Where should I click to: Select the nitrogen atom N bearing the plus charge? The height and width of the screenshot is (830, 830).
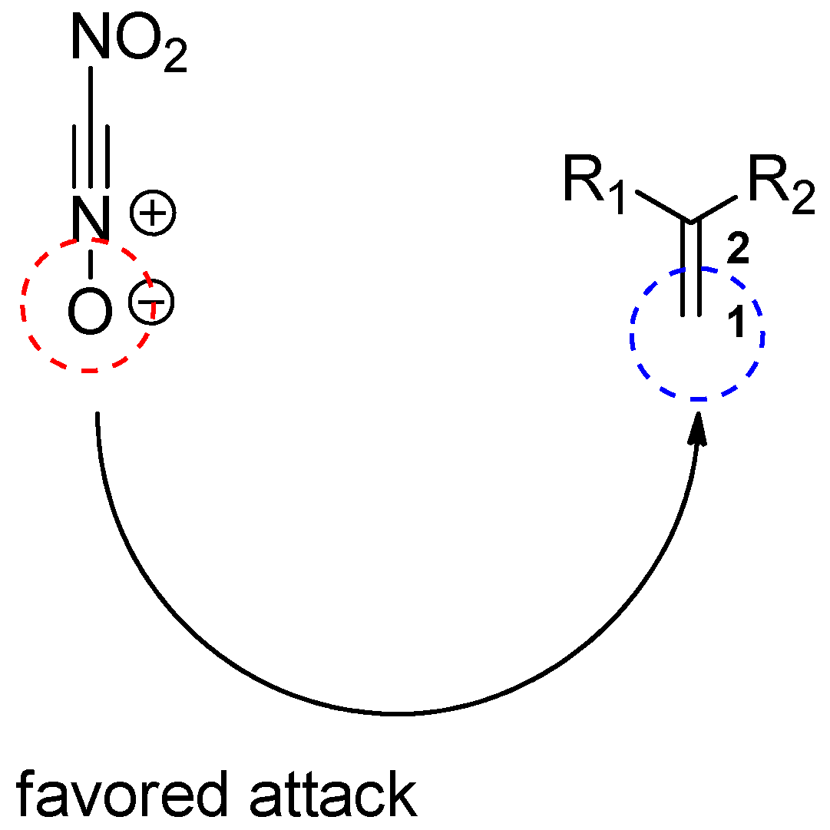click(91, 217)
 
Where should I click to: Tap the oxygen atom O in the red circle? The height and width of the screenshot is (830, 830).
click(90, 313)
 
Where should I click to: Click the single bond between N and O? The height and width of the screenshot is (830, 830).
click(91, 263)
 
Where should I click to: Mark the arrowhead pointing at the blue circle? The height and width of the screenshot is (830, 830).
click(697, 428)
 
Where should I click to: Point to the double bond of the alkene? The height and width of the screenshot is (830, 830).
click(691, 269)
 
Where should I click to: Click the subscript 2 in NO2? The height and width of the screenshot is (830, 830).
click(175, 60)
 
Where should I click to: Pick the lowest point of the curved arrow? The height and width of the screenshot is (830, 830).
click(399, 714)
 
